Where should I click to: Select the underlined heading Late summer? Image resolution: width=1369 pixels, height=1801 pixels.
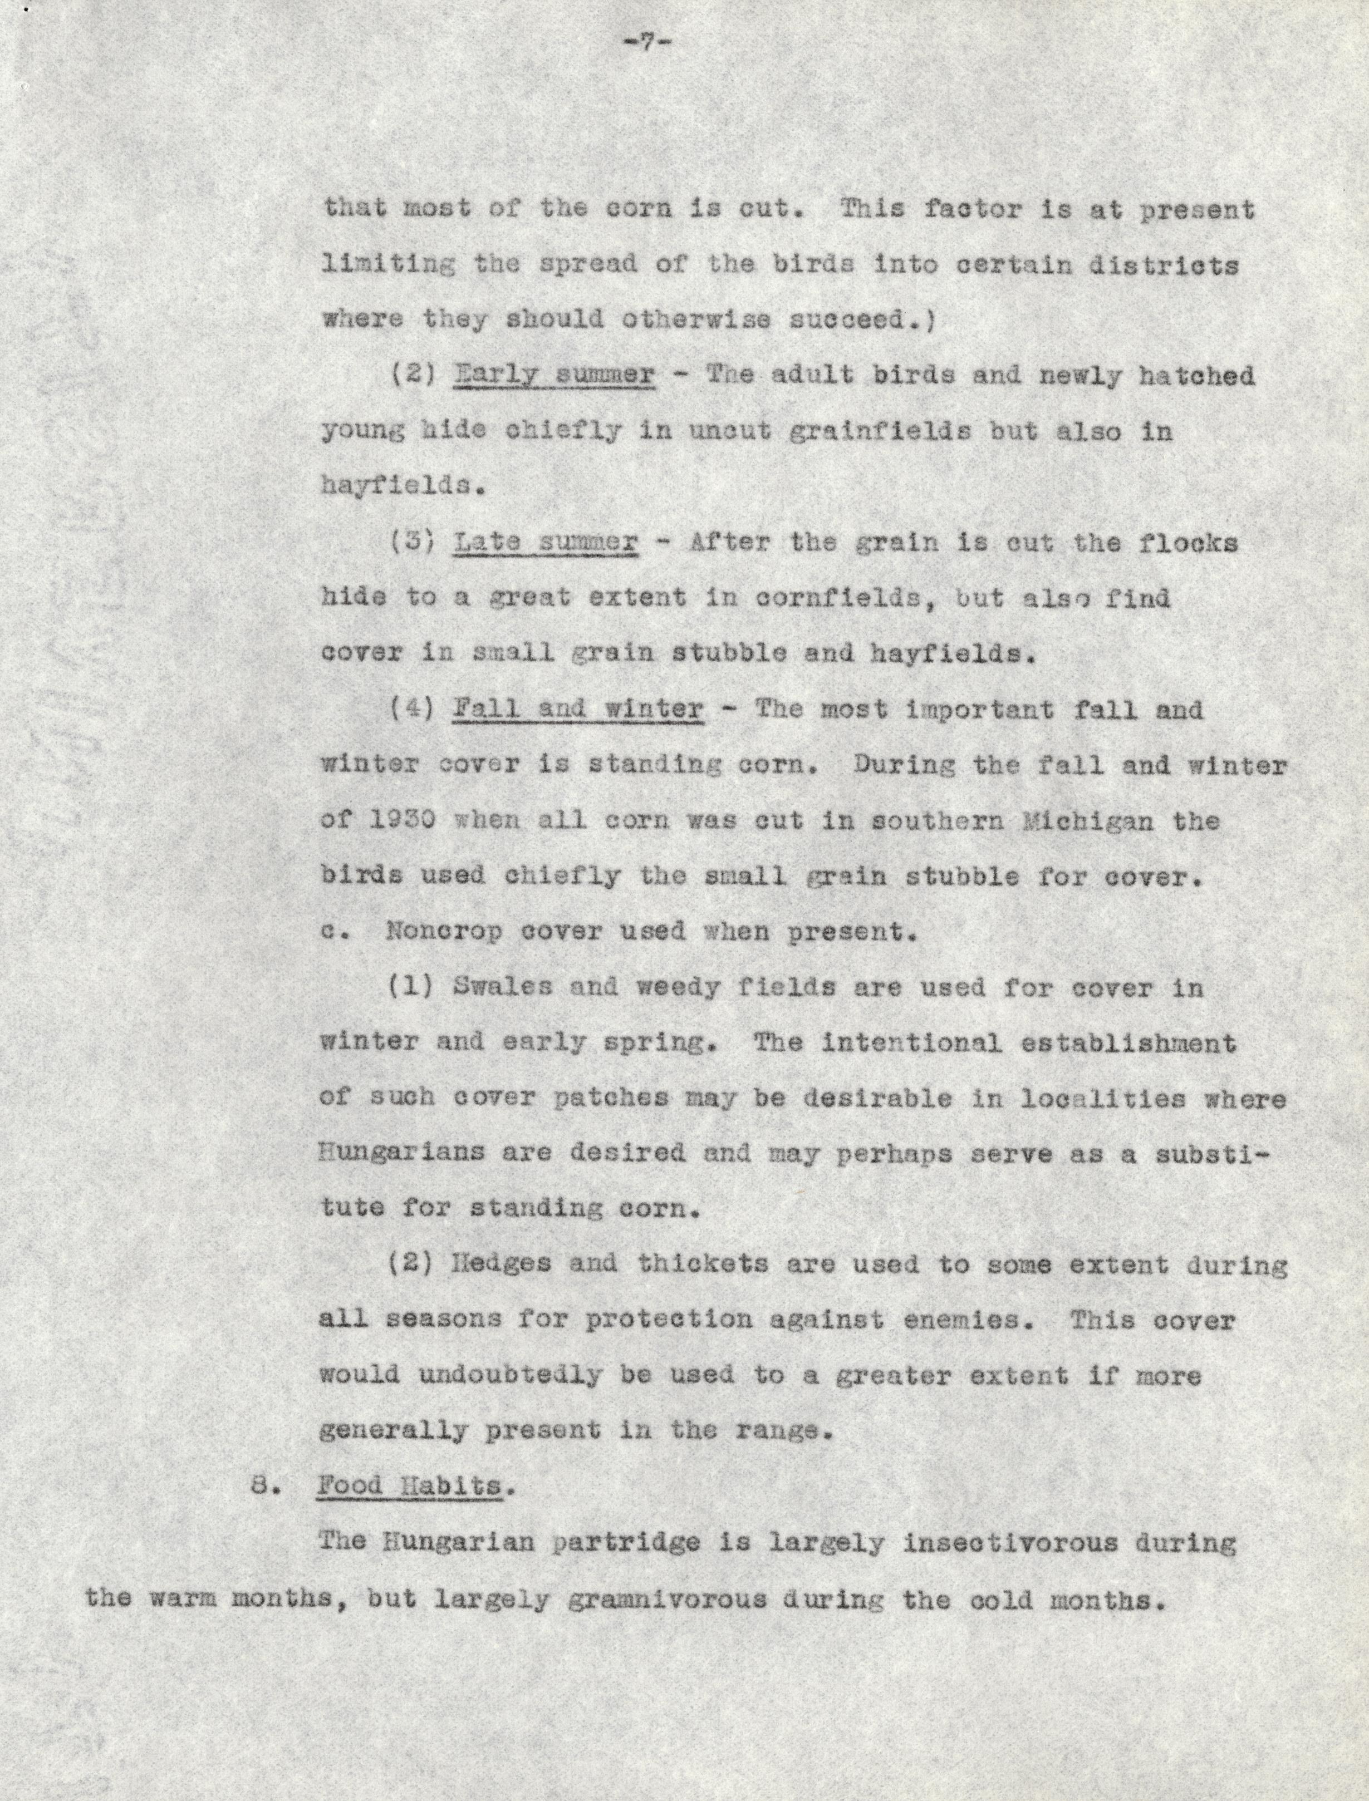tap(545, 543)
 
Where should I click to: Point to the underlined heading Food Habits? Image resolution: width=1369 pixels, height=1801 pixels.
tap(409, 1485)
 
